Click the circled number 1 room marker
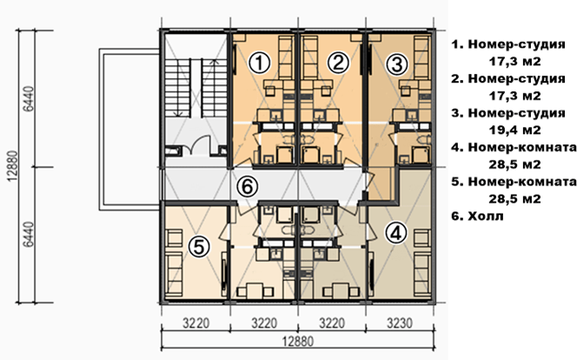260,63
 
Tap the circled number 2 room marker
338,63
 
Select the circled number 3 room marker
397,64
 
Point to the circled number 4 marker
396,233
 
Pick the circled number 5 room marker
199,246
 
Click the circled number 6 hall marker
248,187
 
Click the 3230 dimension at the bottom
400,323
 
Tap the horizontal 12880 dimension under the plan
298,341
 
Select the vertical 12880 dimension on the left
12,166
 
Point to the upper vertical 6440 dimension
29,98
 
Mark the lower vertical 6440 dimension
29,235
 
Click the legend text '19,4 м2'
514,130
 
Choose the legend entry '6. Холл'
477,216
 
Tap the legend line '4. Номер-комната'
514,147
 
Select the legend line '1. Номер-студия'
508,44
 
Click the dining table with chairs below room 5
253,291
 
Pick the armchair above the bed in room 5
174,237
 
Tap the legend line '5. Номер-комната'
514,182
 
